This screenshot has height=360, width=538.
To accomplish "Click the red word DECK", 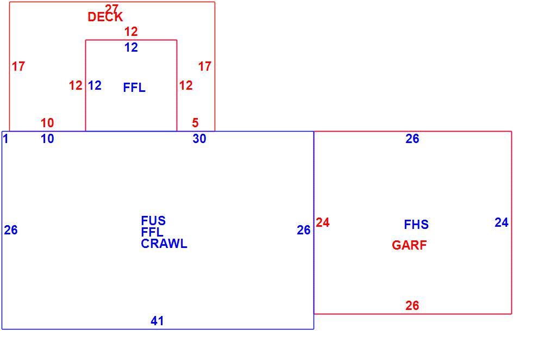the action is tap(105, 17).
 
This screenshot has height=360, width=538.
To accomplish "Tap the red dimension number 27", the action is tap(111, 8).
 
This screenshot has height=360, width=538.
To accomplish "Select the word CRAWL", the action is tap(164, 244).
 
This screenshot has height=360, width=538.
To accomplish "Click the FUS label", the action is tap(153, 220).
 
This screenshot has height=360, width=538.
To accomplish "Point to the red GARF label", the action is tap(409, 245).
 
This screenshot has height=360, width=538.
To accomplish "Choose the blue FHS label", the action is tap(416, 225).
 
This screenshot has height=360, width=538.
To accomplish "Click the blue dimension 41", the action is tap(157, 321).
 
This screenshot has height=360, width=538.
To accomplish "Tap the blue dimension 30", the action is tap(199, 139).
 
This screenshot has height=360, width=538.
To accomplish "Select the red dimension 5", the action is tap(195, 122).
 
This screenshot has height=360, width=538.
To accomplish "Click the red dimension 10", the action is tap(47, 122).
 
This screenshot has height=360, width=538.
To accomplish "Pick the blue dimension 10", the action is tap(47, 139).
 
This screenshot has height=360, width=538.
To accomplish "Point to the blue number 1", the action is tap(5, 139).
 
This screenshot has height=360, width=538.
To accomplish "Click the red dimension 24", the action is tap(322, 222).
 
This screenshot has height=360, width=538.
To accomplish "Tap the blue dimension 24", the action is tap(501, 222).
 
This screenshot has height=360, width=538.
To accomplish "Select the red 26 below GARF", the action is tap(412, 305).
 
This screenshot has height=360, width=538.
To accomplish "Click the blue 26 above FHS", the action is tap(412, 139).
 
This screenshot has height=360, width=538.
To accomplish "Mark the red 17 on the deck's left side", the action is tap(18, 66).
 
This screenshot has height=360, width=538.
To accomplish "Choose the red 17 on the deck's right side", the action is tap(205, 66).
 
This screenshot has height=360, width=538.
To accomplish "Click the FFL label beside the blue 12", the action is tap(134, 88).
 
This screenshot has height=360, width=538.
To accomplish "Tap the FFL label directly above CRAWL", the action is tap(152, 232).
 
